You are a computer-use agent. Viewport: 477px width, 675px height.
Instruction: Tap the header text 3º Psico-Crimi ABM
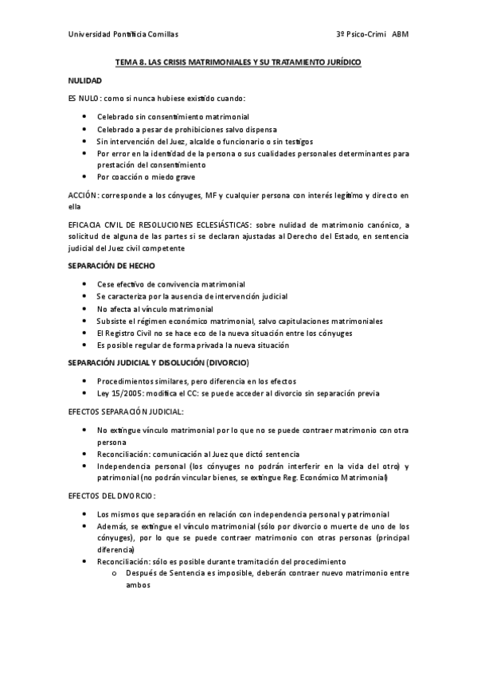click(372, 34)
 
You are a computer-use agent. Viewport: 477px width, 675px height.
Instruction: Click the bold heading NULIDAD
click(84, 80)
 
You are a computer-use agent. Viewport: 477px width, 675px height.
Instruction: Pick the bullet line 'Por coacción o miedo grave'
click(146, 177)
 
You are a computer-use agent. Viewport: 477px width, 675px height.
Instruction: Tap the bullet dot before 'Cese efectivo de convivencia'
click(86, 284)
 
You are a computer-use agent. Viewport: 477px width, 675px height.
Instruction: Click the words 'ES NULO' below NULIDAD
click(84, 98)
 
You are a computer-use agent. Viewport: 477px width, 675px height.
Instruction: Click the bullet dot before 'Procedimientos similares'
click(86, 381)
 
